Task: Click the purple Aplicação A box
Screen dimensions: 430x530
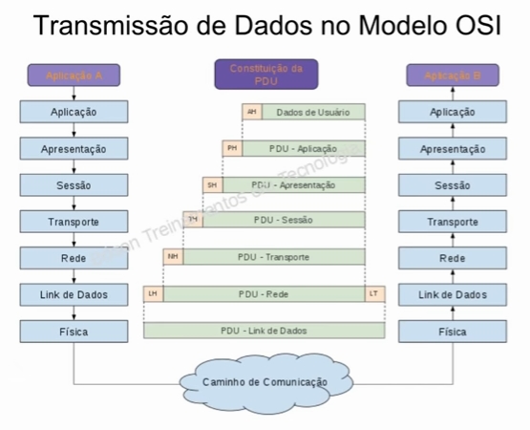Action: (74, 75)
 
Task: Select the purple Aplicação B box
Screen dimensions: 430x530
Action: (453, 75)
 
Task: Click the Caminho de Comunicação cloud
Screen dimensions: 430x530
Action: (264, 381)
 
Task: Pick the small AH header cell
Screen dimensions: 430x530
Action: (252, 113)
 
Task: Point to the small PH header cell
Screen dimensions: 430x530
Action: (232, 148)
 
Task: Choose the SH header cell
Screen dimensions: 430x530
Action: (212, 184)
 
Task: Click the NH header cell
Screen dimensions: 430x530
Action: (173, 257)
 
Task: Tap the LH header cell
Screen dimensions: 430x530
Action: (153, 293)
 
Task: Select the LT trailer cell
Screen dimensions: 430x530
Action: (374, 293)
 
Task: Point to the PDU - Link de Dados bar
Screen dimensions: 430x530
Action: (265, 331)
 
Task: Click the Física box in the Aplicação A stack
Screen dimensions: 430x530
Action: (74, 332)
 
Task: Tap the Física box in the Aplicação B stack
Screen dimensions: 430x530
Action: (453, 332)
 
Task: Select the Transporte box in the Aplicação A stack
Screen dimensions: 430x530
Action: (74, 222)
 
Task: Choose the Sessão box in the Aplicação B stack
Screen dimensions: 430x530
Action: (453, 185)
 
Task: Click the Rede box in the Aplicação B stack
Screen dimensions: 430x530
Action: (453, 258)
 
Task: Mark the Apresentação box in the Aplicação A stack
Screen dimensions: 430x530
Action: (74, 149)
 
